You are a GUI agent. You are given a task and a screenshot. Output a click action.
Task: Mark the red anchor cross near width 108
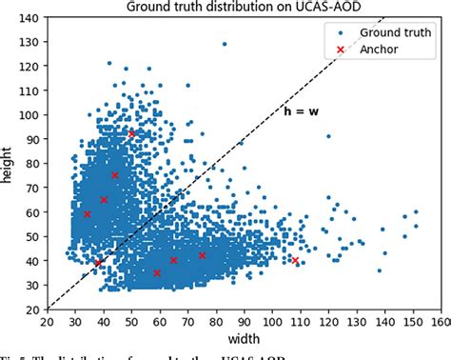(295, 260)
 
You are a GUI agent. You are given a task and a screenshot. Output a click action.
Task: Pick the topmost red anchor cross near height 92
(131, 133)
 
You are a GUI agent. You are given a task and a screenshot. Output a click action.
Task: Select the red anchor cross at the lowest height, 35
(158, 273)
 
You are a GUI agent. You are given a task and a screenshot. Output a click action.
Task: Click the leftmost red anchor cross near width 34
(88, 214)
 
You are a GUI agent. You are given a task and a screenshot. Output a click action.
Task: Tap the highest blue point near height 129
(225, 44)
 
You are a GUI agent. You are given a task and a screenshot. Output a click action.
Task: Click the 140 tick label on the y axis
(31, 18)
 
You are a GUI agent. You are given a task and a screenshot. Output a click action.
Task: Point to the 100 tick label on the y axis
(31, 114)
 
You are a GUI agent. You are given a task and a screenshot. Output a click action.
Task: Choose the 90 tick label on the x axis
(244, 321)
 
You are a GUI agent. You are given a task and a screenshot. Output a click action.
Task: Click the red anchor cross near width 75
(202, 255)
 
